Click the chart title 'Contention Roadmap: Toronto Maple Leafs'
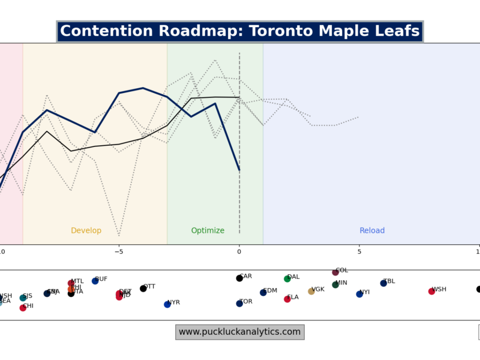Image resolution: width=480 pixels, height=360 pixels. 240,31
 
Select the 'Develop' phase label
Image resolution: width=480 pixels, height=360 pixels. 86,231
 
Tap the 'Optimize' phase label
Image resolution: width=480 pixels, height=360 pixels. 208,231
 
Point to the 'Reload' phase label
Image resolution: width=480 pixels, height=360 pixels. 372,231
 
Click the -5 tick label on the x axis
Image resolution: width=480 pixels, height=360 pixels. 119,251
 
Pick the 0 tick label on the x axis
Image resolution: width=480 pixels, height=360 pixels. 239,251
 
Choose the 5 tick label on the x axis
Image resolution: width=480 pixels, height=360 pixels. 359,251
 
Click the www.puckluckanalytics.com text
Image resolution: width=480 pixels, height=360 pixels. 240,332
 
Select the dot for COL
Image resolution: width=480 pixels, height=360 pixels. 335,272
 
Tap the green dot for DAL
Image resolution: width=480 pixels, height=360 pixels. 287,279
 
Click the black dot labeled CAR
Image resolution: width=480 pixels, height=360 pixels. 239,278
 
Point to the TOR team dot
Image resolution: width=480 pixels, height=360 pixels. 239,304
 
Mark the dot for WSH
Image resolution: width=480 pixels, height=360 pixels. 431,292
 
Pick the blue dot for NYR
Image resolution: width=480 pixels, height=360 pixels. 167,304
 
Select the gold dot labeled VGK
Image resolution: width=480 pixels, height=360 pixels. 311,292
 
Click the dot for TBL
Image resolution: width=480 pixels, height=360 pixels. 383,283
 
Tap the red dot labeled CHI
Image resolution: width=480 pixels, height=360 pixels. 23,308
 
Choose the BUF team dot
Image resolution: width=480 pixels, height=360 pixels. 95,281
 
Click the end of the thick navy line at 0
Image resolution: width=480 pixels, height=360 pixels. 239,170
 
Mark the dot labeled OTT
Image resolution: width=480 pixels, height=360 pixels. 143,289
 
